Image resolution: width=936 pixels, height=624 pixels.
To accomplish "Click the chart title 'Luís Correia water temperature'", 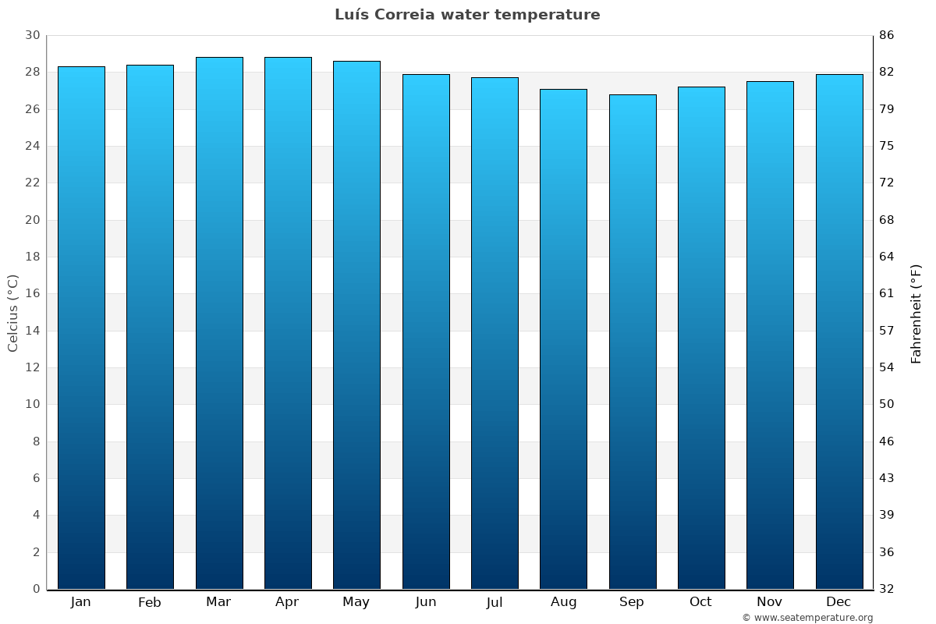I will [x=467, y=15].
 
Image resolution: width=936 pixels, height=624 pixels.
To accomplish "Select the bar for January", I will [x=81, y=328].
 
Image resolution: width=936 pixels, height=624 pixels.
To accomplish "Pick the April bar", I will [x=288, y=323].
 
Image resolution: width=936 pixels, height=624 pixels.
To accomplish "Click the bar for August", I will [x=563, y=339].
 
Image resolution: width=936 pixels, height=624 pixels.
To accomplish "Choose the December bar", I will [x=839, y=331].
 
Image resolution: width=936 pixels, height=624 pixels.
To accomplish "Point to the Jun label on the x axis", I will [x=426, y=602].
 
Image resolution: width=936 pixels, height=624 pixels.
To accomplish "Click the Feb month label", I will [x=150, y=602].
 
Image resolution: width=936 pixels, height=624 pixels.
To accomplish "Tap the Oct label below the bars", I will [x=700, y=602].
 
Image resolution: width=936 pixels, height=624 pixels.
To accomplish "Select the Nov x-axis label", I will [x=770, y=602].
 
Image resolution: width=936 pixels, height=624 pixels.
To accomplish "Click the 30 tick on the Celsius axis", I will [x=32, y=35].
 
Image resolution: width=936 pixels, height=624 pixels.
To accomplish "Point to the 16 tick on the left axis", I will [x=32, y=293].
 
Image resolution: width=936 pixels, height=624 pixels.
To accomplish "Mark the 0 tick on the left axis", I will [x=36, y=589].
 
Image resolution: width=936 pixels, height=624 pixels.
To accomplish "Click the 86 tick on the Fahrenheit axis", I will [x=887, y=35].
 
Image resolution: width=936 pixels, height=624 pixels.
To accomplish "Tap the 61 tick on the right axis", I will [x=887, y=293].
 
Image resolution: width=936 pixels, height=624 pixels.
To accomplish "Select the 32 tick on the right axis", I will [x=887, y=589].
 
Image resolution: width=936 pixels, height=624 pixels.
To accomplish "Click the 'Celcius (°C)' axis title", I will [x=12, y=313].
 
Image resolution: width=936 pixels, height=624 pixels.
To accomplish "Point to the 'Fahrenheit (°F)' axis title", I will [x=916, y=313].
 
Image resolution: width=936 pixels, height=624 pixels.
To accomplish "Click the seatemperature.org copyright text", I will [x=807, y=618].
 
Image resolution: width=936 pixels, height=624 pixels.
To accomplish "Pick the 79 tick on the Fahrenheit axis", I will [x=887, y=109].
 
